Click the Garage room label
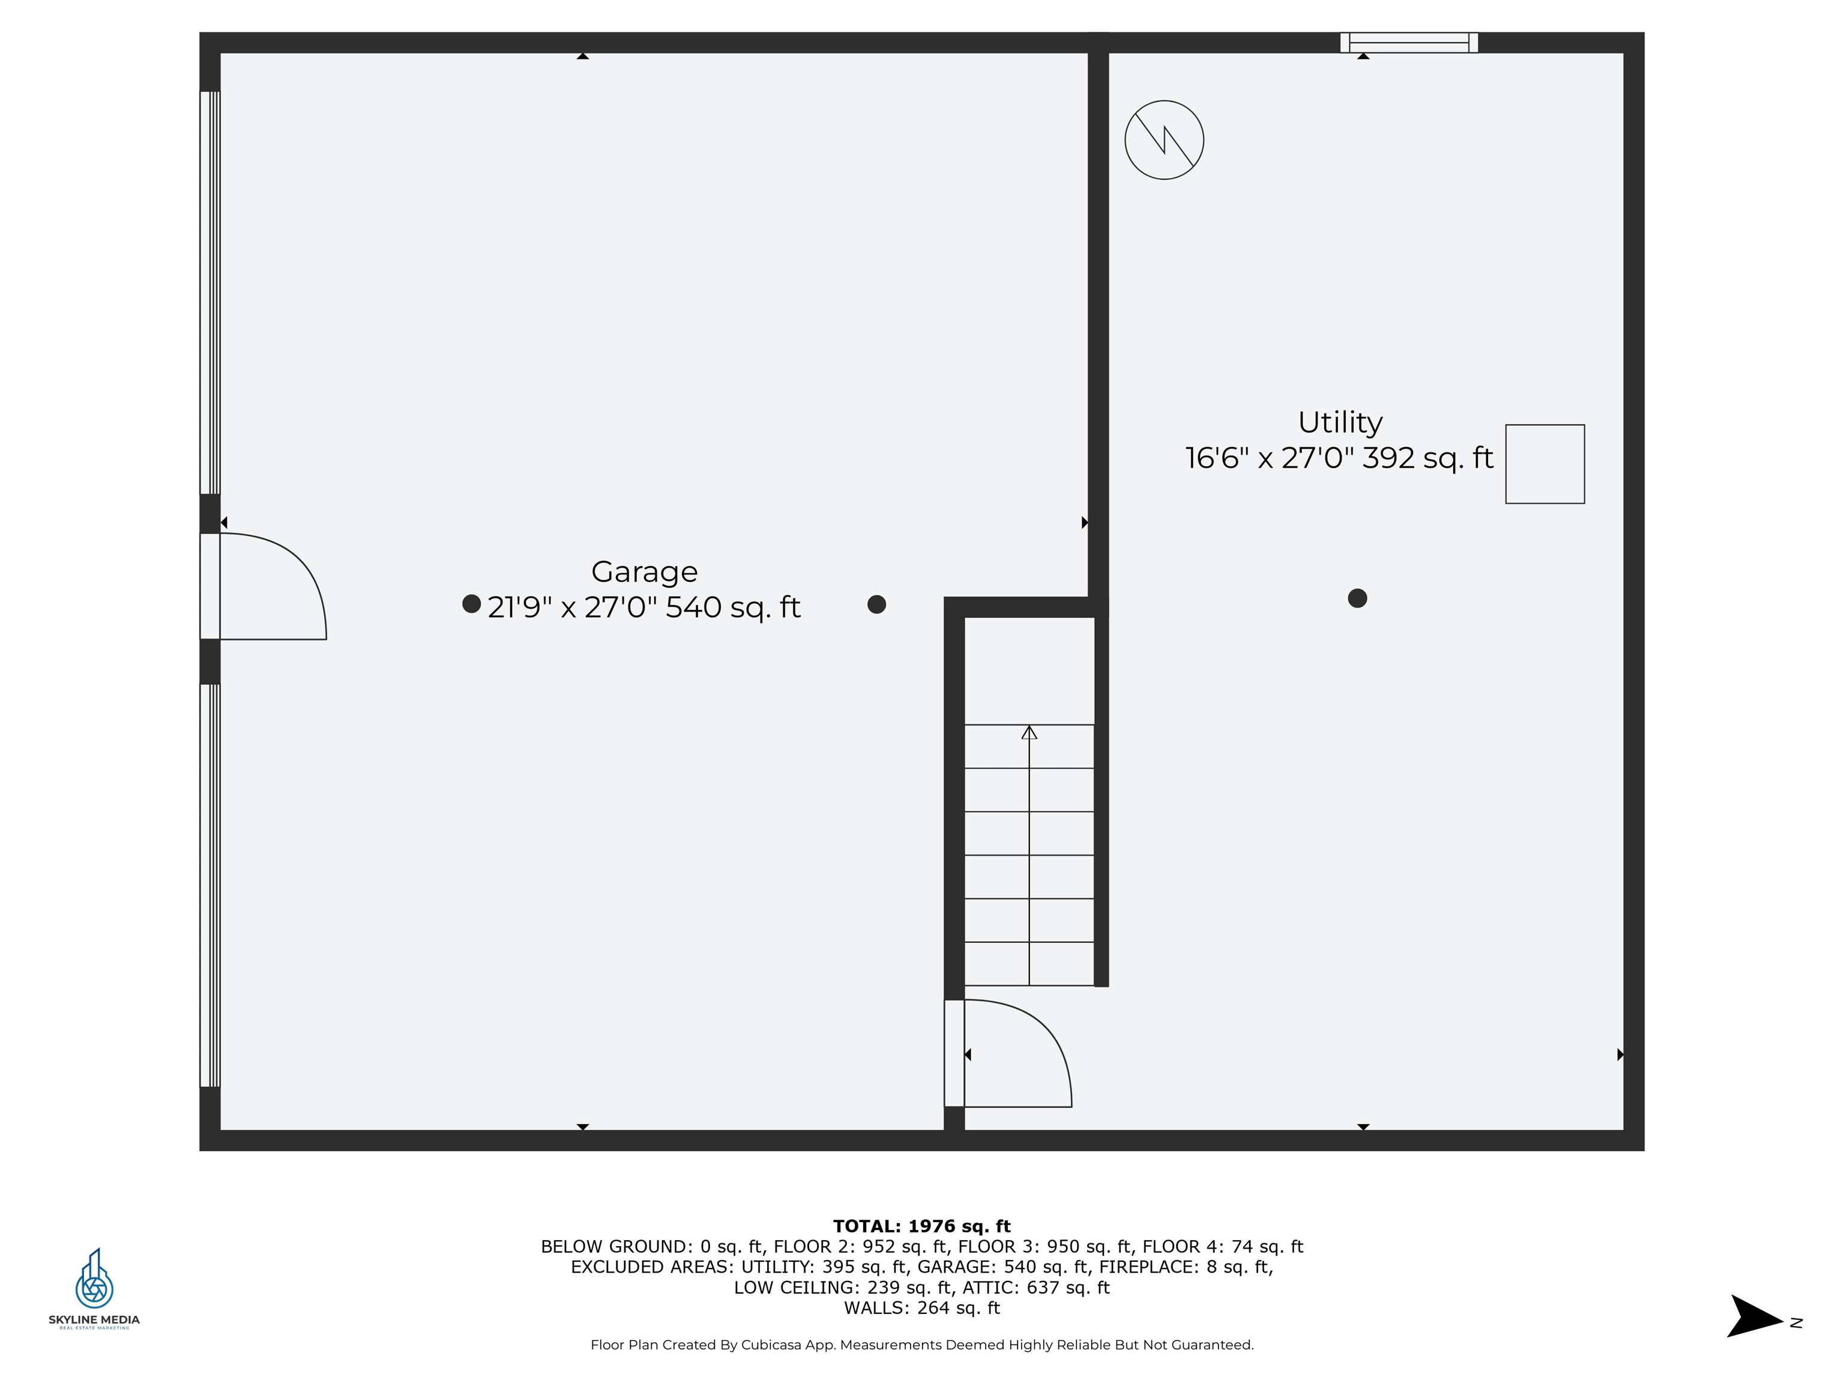[645, 572]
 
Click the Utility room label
[1340, 423]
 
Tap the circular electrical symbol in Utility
[1165, 140]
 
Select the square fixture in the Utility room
[1544, 465]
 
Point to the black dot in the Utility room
[1357, 598]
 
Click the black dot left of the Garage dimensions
[472, 603]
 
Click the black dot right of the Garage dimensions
[876, 604]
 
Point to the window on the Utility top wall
[1409, 43]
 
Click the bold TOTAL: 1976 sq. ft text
[922, 1226]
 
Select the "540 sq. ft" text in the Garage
[733, 607]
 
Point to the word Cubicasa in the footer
[772, 1345]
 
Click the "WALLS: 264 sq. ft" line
[922, 1308]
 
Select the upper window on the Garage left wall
[210, 292]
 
